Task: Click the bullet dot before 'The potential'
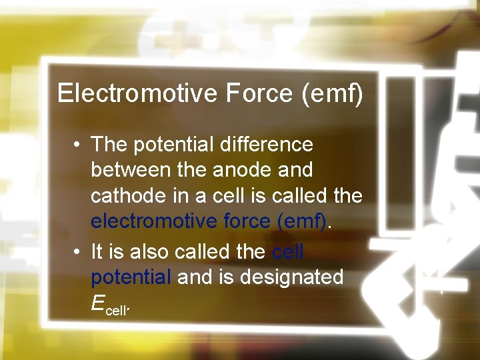(x=78, y=144)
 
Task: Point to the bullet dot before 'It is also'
(x=78, y=251)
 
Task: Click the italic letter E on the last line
(x=98, y=303)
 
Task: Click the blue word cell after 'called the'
(x=288, y=251)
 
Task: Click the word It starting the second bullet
(x=97, y=251)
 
